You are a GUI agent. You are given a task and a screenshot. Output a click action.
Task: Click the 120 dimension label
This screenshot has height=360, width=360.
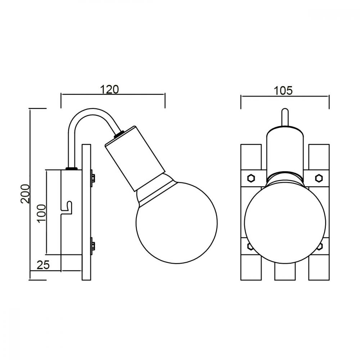point(109,89)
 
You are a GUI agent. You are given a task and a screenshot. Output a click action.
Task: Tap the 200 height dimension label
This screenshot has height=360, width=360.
point(25,194)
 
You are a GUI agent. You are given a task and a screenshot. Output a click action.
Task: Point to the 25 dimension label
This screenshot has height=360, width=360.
point(43,265)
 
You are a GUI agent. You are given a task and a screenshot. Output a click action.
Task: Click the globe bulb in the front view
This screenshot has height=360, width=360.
point(285,223)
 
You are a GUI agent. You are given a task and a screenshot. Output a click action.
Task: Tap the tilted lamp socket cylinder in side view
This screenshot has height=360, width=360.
point(135,158)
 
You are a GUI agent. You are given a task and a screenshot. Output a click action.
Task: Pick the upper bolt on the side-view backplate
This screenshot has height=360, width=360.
point(93,177)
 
